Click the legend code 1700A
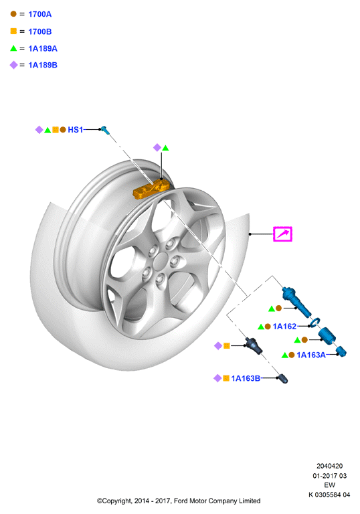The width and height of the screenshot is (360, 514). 39,14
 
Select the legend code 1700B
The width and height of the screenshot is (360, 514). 39,31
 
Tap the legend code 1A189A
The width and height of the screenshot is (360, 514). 43,48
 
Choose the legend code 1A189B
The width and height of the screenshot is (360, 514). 43,65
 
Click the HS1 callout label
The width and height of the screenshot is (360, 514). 75,130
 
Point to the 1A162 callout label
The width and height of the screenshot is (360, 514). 284,326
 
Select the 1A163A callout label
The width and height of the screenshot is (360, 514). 311,355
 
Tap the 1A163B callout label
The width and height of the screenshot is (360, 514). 246,378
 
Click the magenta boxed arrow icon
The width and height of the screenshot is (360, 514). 282,234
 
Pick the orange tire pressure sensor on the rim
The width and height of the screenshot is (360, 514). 151,189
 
